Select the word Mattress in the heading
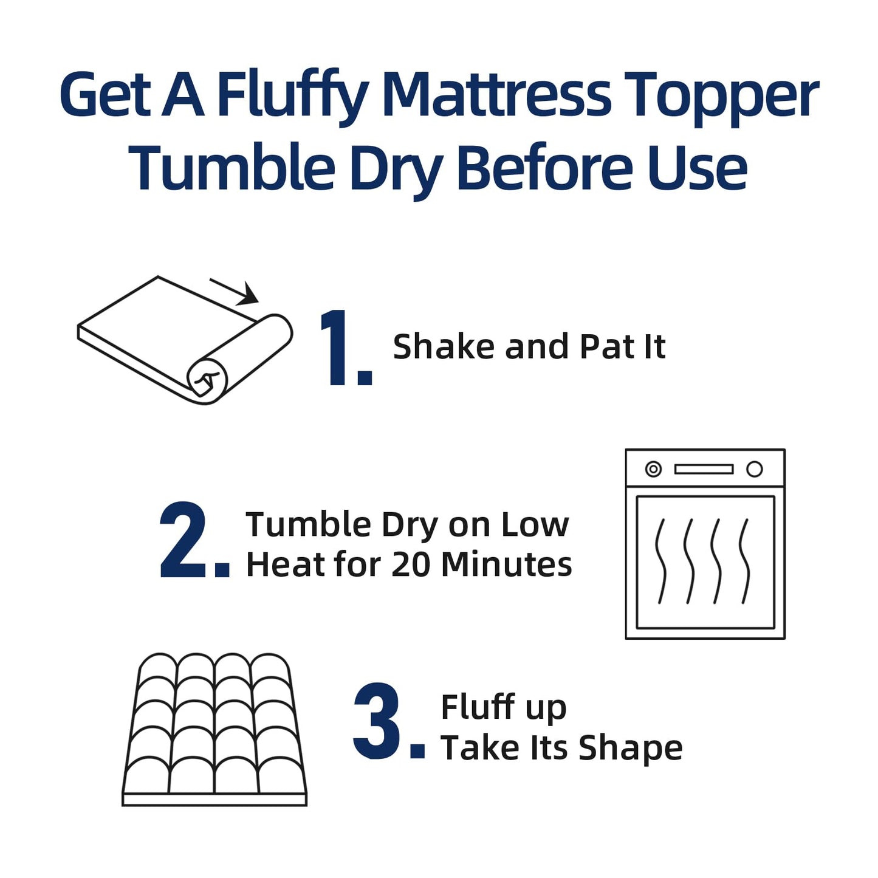498,95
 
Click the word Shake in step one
444,347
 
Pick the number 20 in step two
411,564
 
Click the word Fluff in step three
478,707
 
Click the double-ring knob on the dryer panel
653,469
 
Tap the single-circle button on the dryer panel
754,469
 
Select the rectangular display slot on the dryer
704,469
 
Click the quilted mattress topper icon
214,729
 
